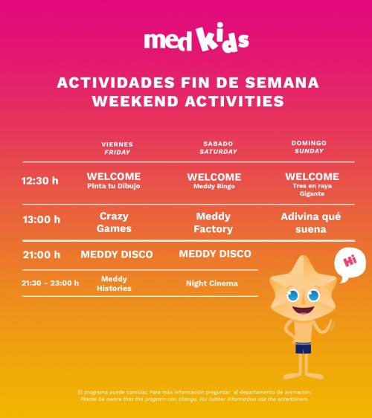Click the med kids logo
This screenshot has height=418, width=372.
196,37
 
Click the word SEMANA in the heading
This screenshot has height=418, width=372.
282,83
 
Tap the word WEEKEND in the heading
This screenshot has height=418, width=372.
135,101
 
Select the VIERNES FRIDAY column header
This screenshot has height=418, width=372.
117,148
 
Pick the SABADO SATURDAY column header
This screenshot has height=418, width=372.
218,147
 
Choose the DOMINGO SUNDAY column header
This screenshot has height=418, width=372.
309,147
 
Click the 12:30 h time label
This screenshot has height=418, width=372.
39,181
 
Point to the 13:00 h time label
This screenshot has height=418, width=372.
42,219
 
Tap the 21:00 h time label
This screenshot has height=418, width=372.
42,254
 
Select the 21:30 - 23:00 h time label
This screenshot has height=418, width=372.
50,283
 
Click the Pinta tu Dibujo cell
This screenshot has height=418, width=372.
114,186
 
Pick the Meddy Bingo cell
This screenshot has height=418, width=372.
214,186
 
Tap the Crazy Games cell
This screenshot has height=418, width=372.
114,222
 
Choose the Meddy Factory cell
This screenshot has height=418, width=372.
214,222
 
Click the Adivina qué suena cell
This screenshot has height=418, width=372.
311,223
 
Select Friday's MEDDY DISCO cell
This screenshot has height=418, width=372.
117,254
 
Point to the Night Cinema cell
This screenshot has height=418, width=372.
212,283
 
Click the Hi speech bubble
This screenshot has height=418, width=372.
350,265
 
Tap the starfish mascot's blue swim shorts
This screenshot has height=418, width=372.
304,348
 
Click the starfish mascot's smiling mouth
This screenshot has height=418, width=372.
304,309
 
